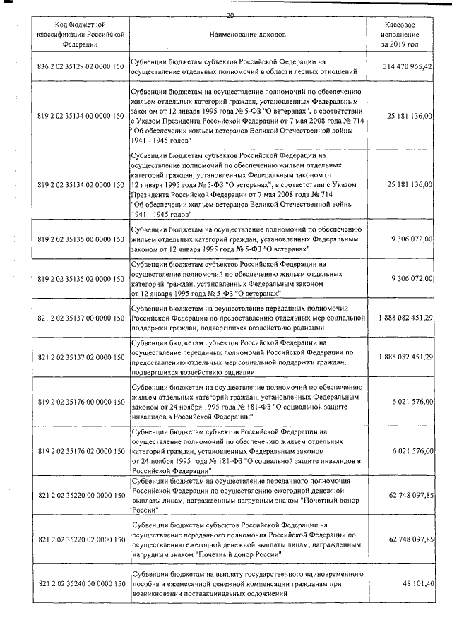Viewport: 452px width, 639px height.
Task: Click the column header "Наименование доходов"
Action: pyautogui.click(x=247, y=34)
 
